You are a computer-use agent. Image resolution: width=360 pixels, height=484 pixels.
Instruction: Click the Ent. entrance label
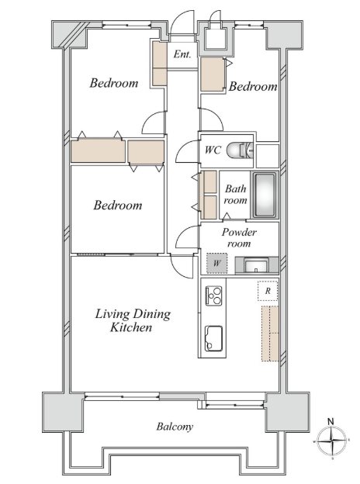click(x=182, y=54)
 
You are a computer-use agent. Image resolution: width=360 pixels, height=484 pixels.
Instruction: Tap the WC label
click(x=213, y=150)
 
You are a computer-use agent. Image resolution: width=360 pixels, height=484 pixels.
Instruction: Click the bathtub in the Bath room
click(x=265, y=195)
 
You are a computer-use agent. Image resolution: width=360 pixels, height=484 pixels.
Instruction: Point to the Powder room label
click(x=239, y=237)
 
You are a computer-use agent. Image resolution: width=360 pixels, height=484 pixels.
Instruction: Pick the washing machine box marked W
click(x=216, y=263)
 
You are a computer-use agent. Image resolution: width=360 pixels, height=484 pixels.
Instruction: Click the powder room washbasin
click(x=256, y=264)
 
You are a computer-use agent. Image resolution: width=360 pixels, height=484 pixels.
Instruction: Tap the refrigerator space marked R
click(x=268, y=291)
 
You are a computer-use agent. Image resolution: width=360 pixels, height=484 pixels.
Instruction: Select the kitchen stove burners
click(x=213, y=296)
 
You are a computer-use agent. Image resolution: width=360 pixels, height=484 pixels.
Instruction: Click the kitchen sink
click(x=213, y=338)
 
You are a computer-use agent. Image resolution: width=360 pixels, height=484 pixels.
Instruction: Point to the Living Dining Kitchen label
click(x=133, y=320)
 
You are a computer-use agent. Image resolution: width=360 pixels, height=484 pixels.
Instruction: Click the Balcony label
click(x=175, y=427)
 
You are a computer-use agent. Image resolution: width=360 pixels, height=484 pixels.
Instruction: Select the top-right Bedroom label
click(x=253, y=86)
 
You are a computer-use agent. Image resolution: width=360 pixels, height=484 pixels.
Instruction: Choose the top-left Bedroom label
click(x=114, y=83)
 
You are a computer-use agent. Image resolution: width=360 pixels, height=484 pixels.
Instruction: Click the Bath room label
click(x=236, y=195)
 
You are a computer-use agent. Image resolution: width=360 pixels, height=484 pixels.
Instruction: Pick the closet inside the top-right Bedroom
click(x=212, y=74)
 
